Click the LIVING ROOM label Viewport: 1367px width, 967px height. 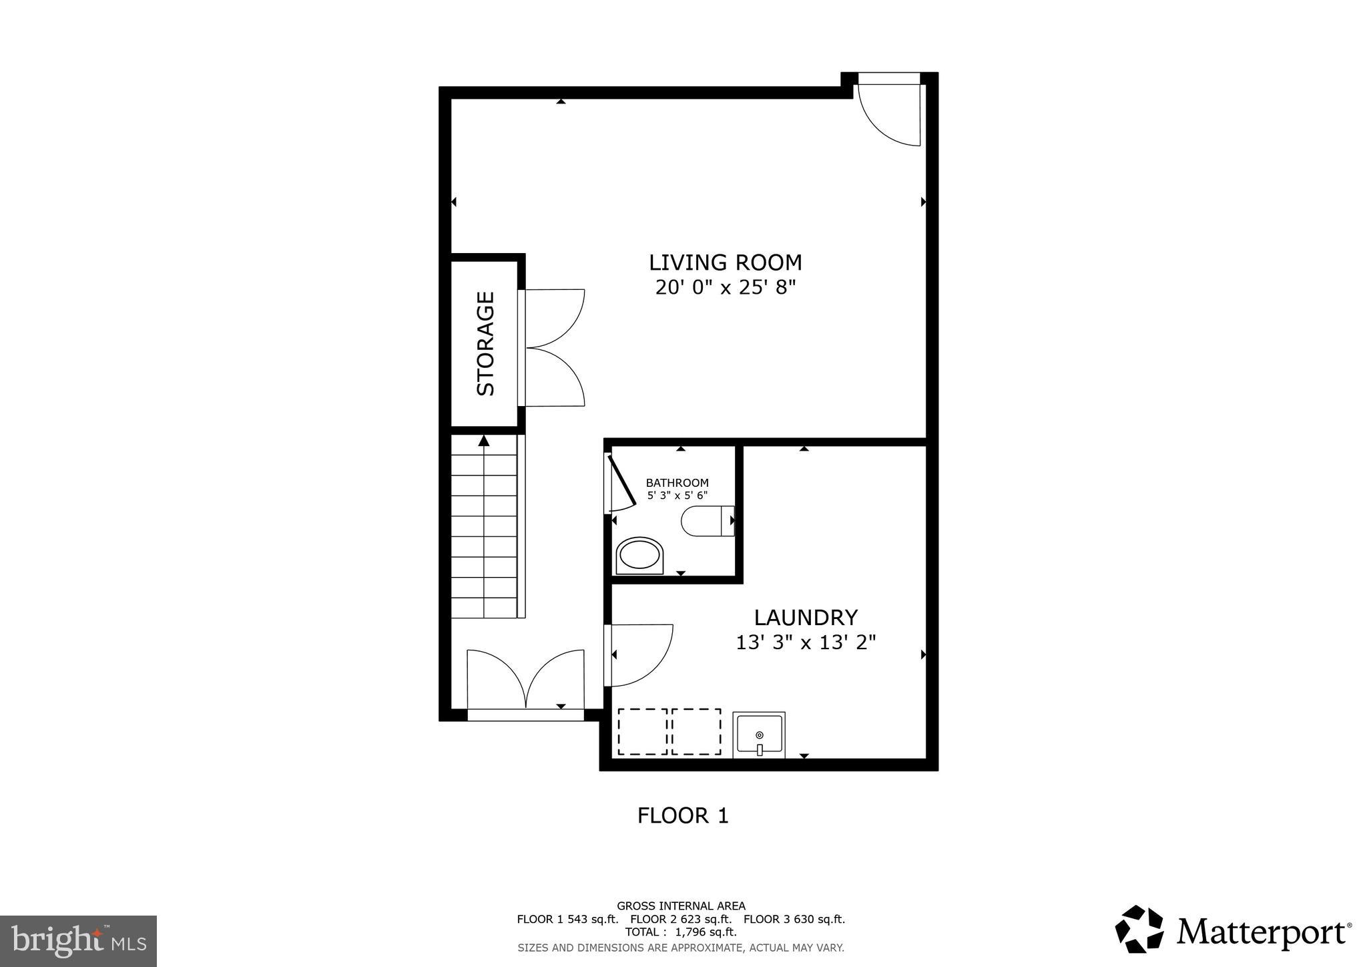725,262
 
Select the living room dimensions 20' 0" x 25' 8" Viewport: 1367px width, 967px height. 725,288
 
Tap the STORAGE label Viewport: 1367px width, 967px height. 486,343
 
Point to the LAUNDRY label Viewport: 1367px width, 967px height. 806,616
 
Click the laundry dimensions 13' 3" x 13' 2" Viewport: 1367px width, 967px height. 806,642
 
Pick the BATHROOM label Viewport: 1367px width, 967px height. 677,483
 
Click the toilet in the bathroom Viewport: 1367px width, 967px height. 707,522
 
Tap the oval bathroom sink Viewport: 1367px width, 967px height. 640,555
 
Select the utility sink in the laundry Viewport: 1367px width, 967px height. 759,735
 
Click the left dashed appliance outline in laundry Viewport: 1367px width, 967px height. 642,732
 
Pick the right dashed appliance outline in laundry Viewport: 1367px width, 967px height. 696,732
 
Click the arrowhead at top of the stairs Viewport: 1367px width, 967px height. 484,441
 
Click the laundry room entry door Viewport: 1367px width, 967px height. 637,654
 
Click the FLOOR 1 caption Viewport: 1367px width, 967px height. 682,815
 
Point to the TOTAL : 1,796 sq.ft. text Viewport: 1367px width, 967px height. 680,932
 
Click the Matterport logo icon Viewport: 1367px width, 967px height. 1139,929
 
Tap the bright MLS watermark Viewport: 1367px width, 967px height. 78,941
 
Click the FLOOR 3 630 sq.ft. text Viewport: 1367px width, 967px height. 794,919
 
